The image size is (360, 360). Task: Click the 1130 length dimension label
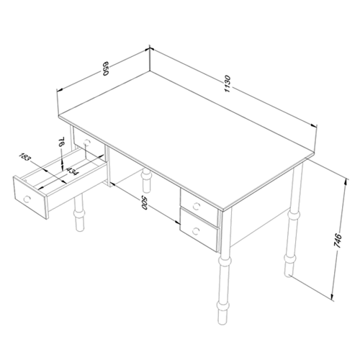(228, 84)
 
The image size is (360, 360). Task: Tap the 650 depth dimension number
(106, 68)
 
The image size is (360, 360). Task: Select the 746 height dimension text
(337, 240)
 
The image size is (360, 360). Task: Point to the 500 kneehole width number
(144, 203)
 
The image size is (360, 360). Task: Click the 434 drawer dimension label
(71, 171)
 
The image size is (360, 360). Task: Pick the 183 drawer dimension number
(25, 157)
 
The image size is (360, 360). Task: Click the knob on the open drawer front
(27, 199)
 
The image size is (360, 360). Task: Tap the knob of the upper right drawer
(197, 205)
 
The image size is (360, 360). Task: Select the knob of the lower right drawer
(196, 231)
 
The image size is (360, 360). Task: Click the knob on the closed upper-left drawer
(87, 143)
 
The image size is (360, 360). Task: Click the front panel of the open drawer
(30, 197)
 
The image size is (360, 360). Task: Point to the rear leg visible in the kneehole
(146, 181)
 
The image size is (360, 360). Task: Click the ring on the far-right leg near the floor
(289, 259)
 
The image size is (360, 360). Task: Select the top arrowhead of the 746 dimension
(346, 181)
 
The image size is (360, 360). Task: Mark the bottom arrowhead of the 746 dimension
(333, 297)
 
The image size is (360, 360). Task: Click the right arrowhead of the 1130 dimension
(313, 126)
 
